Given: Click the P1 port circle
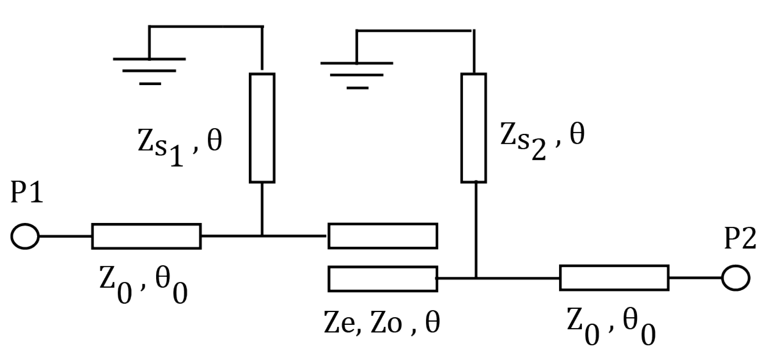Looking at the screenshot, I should pyautogui.click(x=25, y=236).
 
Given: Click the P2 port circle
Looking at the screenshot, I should pyautogui.click(x=735, y=278).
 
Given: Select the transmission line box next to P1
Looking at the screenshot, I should pyautogui.click(x=146, y=236).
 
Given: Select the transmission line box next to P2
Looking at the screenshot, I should pyautogui.click(x=614, y=278).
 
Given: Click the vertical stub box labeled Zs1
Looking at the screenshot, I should pyautogui.click(x=262, y=128).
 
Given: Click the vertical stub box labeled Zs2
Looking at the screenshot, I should pyautogui.click(x=474, y=128).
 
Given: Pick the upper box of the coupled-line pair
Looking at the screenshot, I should pyautogui.click(x=383, y=236).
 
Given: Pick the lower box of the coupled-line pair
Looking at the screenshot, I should pyautogui.click(x=383, y=279).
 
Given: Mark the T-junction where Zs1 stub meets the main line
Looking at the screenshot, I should pyautogui.click(x=262, y=236).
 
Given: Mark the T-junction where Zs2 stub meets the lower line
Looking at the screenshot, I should pyautogui.click(x=476, y=278).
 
